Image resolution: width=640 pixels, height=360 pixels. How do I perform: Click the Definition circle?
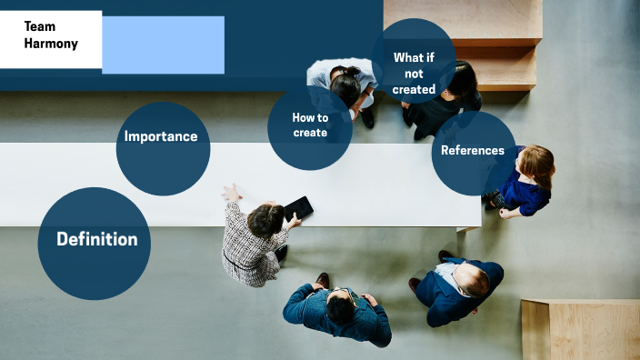click(95, 243)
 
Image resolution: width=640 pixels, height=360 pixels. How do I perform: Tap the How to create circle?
click(310, 127)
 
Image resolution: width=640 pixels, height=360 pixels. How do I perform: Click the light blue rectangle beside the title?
click(163, 45)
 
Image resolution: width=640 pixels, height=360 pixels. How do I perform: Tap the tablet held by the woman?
click(298, 208)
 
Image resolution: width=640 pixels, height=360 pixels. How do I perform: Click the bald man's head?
click(472, 282)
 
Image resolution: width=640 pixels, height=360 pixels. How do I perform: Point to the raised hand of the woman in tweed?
click(232, 192)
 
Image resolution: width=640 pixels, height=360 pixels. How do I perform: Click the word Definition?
click(96, 239)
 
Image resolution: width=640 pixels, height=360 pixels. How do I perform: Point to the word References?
click(472, 150)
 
